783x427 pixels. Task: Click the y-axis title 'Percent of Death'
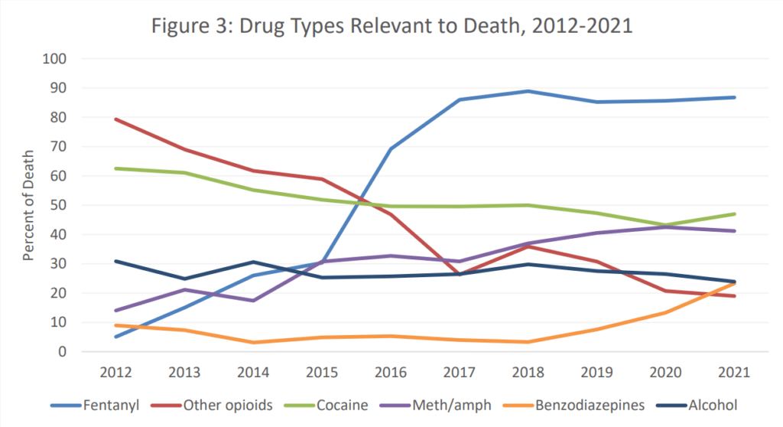[28, 205]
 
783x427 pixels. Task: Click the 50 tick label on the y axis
[60, 205]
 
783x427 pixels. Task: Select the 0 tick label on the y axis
[64, 352]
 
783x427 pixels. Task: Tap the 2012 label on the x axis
[117, 372]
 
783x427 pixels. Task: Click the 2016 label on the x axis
[391, 372]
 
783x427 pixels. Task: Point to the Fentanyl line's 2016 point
[391, 149]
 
